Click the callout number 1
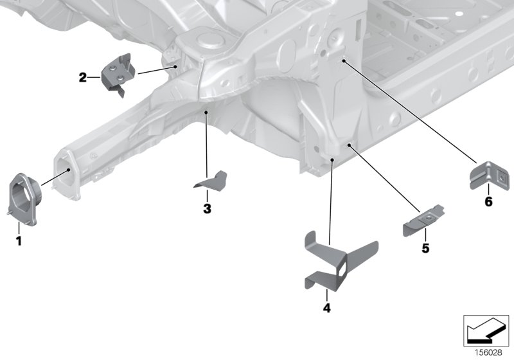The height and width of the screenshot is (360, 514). point(19,241)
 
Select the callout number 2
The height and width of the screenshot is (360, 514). point(82,78)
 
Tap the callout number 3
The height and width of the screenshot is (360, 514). point(207,208)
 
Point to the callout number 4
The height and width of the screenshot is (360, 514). point(326,309)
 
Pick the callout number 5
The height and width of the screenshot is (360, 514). point(425,248)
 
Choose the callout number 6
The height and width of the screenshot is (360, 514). point(488,202)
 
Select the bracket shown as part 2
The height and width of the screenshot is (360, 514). point(117,73)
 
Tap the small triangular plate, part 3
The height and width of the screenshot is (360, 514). point(211,181)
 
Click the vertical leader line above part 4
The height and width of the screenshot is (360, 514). point(331,199)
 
